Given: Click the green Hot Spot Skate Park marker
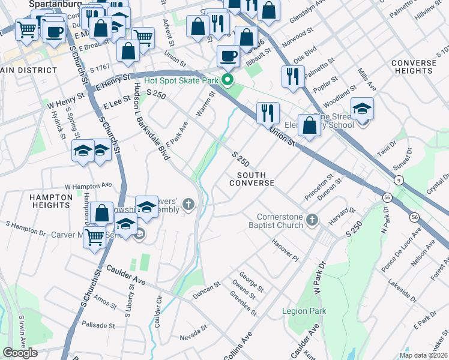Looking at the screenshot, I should pyautogui.click(x=228, y=80).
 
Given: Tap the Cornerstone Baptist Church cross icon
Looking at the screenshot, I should pyautogui.click(x=312, y=220).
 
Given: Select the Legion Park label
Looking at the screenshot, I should pyautogui.click(x=304, y=311).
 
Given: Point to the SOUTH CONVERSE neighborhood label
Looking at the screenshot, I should pyautogui.click(x=252, y=178).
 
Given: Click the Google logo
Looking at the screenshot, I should pyautogui.click(x=20, y=353).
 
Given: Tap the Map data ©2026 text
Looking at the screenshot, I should pyautogui.click(x=423, y=355).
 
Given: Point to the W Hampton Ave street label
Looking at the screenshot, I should pyautogui.click(x=88, y=185).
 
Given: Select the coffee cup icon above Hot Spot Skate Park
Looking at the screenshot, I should pyautogui.click(x=228, y=56).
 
